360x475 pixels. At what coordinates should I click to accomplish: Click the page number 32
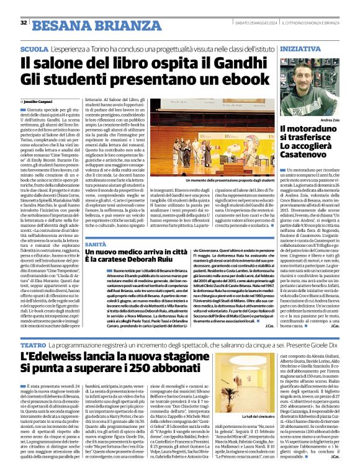pyautogui.click(x=23, y=23)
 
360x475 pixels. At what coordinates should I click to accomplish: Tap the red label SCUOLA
pyautogui.click(x=34, y=48)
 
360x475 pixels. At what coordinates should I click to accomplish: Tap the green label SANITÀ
pyautogui.click(x=95, y=246)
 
